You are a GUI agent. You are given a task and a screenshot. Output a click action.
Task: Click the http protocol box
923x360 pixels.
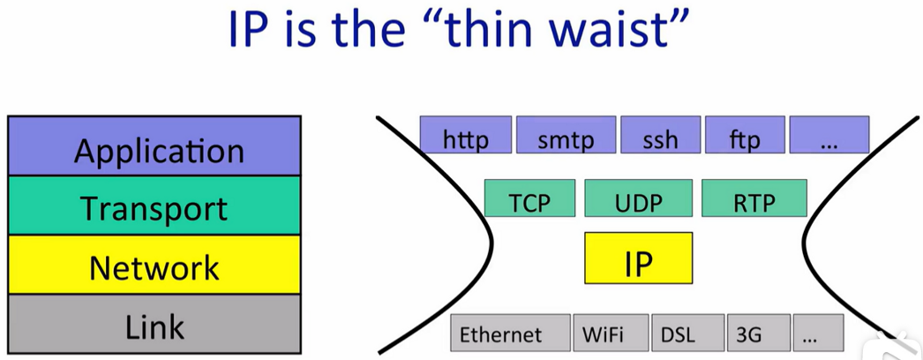coord(466,134)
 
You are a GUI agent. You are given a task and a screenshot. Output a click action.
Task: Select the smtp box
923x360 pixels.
coord(566,134)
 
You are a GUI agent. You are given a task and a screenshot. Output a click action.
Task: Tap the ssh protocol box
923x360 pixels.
coord(660,134)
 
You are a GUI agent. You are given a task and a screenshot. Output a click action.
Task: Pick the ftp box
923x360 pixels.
coord(745,134)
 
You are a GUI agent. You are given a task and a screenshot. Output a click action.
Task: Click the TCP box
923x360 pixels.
coord(529,199)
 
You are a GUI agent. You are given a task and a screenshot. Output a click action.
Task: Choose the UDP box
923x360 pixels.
coord(638,199)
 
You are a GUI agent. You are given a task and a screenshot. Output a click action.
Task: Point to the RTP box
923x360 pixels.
coord(754,199)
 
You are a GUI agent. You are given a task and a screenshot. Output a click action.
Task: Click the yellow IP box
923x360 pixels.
coord(638,258)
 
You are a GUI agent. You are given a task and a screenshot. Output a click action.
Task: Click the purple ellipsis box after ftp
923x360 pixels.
coord(829,134)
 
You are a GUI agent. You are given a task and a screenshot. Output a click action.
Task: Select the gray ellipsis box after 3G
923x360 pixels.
coord(818,333)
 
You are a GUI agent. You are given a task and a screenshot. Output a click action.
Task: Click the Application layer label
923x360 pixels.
coord(159,151)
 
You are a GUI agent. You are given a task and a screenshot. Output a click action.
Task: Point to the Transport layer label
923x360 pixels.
coord(154,207)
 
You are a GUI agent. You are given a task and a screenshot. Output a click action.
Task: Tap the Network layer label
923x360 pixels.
coord(154,267)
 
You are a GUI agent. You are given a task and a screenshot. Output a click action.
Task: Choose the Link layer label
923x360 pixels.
coord(154,326)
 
